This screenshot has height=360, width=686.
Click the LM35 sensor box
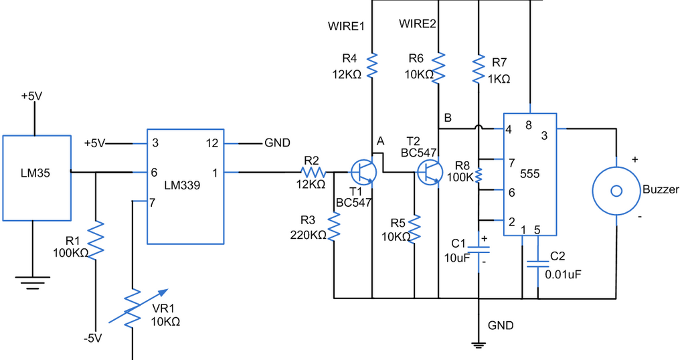point(36,177)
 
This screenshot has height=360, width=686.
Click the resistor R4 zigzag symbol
point(371,66)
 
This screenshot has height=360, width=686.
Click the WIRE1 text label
point(345,27)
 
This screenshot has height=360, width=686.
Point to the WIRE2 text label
point(418,24)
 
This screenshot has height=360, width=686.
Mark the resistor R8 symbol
point(479,175)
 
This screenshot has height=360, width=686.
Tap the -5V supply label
point(92,338)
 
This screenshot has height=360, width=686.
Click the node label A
point(381,141)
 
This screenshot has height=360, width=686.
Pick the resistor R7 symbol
point(479,69)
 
